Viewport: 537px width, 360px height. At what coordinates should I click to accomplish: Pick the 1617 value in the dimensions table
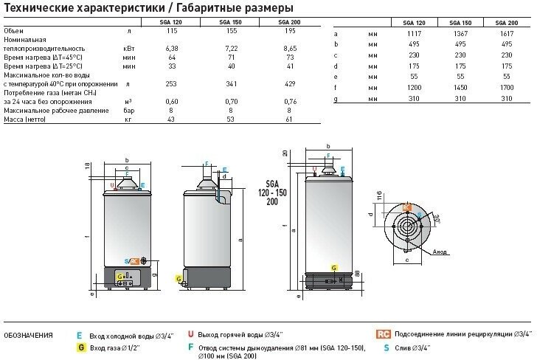pos(505,33)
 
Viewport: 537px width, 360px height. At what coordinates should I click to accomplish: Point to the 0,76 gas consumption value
pos(288,102)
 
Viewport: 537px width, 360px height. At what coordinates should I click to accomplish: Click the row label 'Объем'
pos(14,31)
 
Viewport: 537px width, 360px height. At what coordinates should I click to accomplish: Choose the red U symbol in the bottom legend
pos(190,335)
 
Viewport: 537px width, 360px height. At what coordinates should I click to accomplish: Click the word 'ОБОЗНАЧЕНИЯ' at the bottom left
pos(28,336)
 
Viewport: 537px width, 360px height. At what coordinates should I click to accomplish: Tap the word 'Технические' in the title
pos(35,8)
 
